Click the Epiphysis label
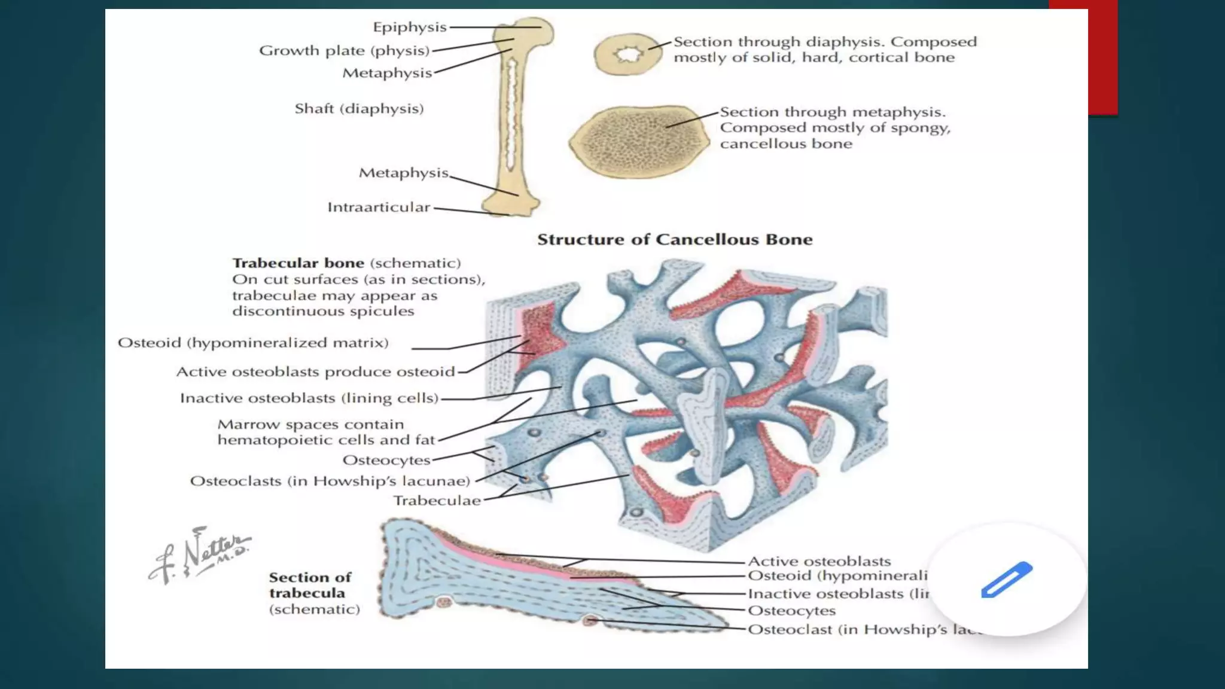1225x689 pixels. [x=409, y=28]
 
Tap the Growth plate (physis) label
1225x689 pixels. [x=344, y=51]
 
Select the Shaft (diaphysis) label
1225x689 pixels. [x=359, y=109]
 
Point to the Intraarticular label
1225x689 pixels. [x=378, y=208]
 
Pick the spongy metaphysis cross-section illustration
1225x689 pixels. [x=638, y=142]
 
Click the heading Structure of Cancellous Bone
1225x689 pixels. [x=675, y=240]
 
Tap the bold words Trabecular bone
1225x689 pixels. [x=298, y=263]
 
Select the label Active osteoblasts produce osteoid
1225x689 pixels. [x=315, y=372]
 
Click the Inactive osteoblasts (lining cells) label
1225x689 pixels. [x=309, y=398]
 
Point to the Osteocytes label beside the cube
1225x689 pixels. [x=386, y=461]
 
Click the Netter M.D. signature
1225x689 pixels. [x=200, y=555]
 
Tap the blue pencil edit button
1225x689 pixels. [x=1007, y=579]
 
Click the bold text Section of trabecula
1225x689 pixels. [x=309, y=586]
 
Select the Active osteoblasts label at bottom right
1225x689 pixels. [x=819, y=562]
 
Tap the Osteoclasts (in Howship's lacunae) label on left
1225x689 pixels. [x=330, y=481]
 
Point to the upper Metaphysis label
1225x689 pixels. [x=386, y=73]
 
